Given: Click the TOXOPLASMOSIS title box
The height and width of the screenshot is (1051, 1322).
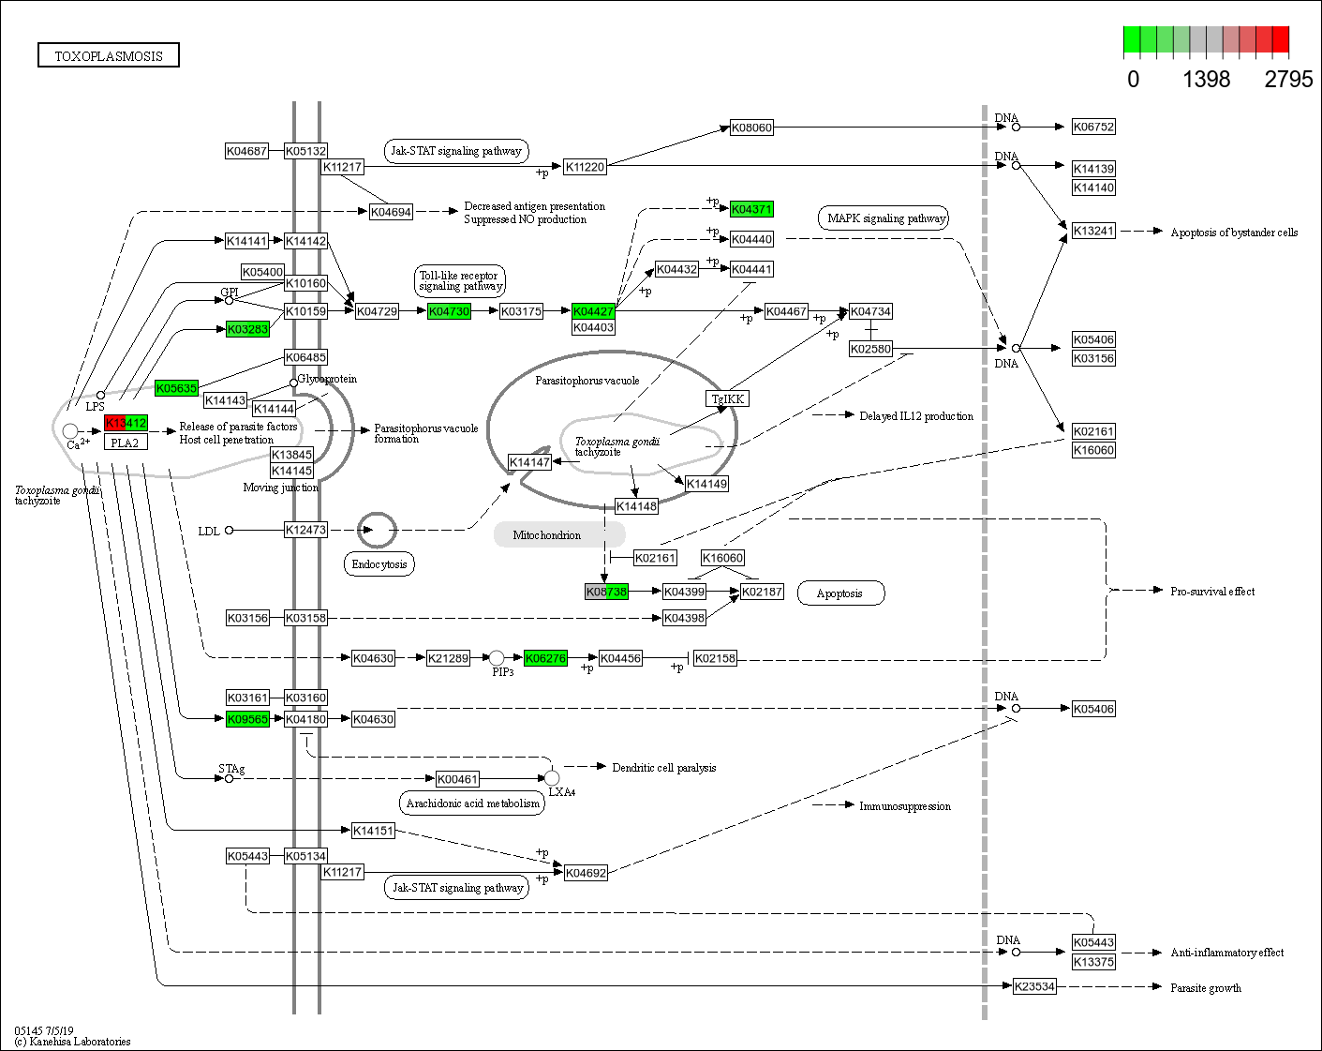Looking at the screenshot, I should (109, 55).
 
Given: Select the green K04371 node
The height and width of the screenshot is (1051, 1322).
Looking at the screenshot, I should (751, 209).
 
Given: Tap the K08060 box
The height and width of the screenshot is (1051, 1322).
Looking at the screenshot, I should (751, 128).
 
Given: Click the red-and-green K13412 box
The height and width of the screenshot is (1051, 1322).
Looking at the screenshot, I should (126, 423).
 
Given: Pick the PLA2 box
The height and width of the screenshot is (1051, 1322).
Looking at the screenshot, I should (126, 443).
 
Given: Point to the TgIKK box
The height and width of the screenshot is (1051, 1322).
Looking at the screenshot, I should (728, 398).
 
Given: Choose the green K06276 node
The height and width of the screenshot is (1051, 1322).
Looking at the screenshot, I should (545, 658).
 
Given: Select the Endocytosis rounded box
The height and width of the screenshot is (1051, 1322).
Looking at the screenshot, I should (379, 564).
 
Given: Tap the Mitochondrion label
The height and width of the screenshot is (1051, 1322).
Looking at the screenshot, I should (547, 535).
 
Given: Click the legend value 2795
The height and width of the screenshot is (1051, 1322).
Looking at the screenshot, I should (1288, 80).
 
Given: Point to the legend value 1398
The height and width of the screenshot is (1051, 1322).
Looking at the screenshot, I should (1206, 80).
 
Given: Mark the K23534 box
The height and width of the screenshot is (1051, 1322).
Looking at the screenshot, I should (1034, 986).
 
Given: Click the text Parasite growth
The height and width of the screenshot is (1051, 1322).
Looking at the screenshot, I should (1206, 987).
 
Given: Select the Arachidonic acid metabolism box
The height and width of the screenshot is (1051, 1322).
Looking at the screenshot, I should (473, 803).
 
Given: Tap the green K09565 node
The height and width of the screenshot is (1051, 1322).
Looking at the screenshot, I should (247, 719).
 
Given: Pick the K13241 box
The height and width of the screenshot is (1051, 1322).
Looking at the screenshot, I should (1093, 231).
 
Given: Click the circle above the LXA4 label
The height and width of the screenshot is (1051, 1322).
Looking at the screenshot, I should (552, 778).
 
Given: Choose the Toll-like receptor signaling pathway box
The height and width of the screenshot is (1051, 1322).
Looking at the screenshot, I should (460, 281).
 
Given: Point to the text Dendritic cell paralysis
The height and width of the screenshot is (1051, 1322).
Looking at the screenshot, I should (663, 768).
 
